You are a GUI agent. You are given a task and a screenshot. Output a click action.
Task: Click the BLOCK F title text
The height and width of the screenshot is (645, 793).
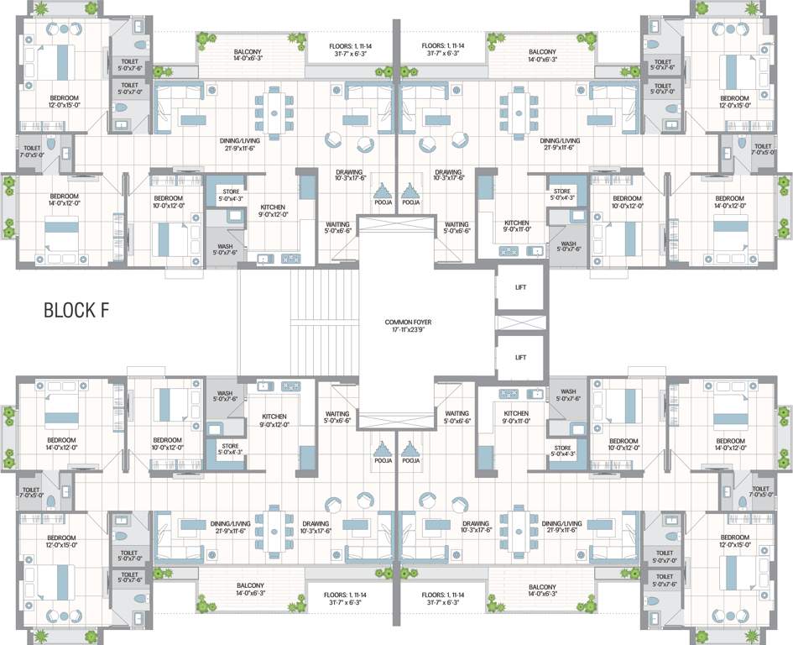click(76, 310)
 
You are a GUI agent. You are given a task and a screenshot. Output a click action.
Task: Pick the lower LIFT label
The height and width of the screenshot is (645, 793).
click(520, 356)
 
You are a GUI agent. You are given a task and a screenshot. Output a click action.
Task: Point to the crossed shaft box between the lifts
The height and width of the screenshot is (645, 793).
click(520, 322)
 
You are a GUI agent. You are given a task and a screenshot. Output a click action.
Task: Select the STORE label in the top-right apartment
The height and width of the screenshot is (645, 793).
click(562, 194)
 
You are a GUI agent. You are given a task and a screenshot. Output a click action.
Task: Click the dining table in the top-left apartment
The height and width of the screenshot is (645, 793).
click(274, 107)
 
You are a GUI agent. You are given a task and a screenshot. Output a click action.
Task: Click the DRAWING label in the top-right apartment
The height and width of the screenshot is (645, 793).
click(450, 173)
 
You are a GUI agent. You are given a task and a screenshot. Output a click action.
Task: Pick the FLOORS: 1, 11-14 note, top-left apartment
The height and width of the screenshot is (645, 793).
click(347, 47)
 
